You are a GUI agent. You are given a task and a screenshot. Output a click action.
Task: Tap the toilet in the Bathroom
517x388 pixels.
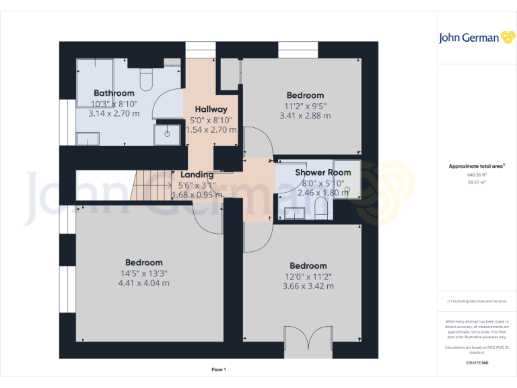tap(147, 77)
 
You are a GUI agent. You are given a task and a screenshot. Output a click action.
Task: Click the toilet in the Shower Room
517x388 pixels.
tap(321, 213)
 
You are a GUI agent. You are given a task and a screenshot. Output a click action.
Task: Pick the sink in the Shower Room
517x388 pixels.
tap(293, 214)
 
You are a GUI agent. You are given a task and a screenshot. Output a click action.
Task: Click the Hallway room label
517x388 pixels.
tap(211, 109)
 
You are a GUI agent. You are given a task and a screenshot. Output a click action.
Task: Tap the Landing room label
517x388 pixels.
tap(197, 174)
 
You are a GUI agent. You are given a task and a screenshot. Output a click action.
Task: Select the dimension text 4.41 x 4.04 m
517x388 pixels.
tap(143, 283)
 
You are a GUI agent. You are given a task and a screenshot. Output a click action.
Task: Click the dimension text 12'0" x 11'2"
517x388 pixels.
tap(308, 276)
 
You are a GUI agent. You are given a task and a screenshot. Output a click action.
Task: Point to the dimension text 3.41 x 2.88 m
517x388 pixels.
tap(305, 115)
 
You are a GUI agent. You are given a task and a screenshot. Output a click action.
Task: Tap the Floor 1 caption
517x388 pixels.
tap(219, 369)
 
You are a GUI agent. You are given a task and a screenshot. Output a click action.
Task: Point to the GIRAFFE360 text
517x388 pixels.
tap(477, 362)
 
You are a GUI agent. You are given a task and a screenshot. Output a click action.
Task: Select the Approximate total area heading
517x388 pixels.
tap(477, 166)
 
